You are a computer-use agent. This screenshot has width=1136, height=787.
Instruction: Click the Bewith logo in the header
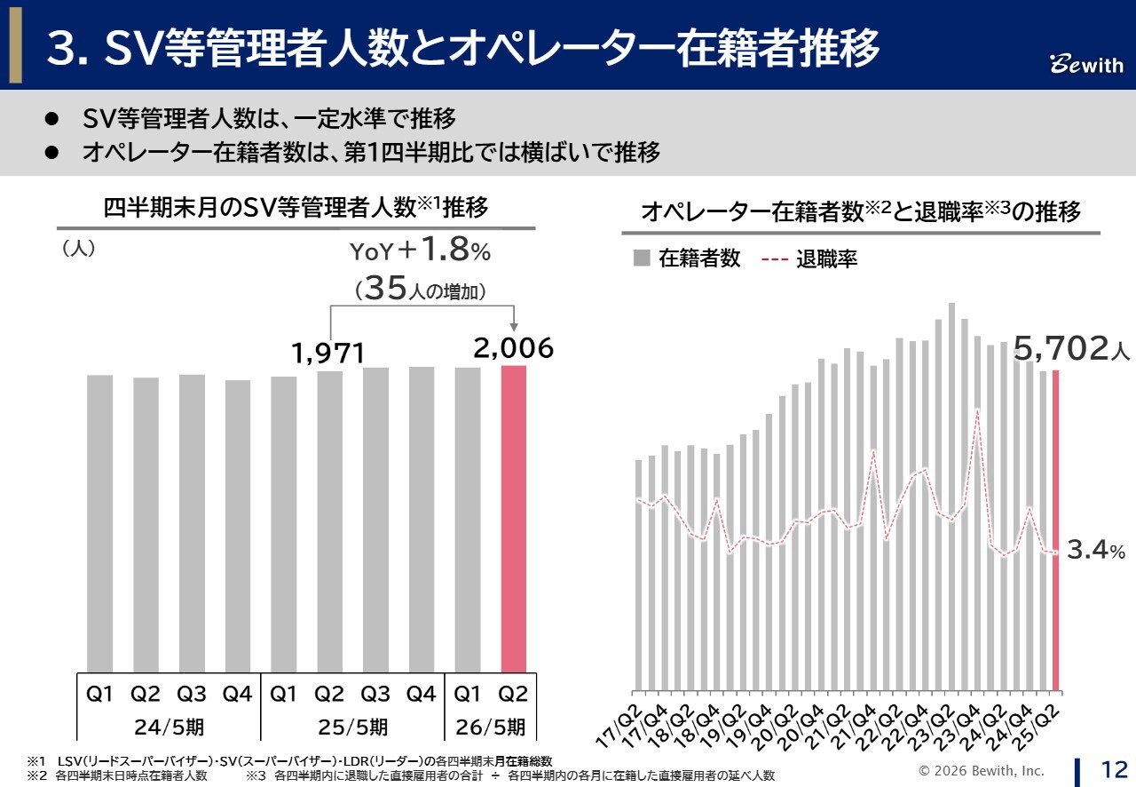[1086, 65]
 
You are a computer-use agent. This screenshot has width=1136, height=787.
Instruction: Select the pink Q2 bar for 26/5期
[514, 519]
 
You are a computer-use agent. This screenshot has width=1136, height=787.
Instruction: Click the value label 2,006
[514, 349]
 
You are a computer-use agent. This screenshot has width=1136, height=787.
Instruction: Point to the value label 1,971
[328, 354]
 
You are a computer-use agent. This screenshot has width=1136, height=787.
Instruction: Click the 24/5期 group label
[170, 727]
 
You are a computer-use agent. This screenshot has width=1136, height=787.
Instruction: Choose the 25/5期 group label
[352, 727]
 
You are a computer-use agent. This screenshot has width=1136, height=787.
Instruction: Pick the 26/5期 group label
[491, 727]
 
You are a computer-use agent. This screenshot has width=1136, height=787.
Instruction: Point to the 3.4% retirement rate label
[1095, 552]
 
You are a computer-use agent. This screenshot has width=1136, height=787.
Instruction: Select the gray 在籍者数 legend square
[641, 258]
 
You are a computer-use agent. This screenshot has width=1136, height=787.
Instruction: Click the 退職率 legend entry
[809, 259]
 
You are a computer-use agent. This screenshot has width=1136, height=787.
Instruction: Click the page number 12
[1114, 768]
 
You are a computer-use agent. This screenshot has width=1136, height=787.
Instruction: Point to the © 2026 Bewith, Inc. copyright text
[981, 770]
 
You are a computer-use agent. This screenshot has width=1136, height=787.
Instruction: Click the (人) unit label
[78, 250]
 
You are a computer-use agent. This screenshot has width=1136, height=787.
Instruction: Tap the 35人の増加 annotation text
[419, 290]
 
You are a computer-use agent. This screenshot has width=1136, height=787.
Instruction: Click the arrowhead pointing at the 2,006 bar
[514, 328]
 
